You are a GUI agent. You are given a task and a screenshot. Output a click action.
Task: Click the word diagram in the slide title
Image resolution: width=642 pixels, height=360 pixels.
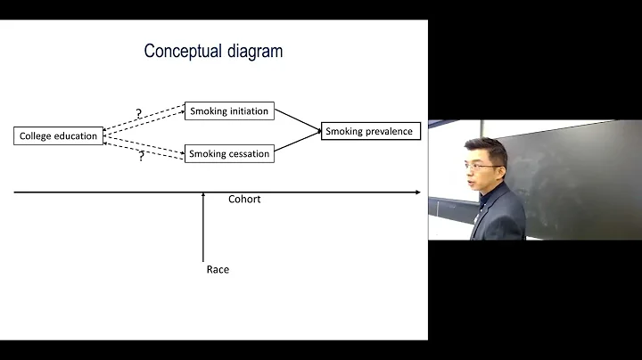pos(254,52)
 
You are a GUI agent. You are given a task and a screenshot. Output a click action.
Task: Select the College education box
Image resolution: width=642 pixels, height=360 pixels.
pos(59,136)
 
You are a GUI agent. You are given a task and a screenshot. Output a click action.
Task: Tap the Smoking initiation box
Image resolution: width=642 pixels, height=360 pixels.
pos(228,111)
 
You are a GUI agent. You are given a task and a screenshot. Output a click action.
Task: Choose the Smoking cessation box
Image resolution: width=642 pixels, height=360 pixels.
pos(228,154)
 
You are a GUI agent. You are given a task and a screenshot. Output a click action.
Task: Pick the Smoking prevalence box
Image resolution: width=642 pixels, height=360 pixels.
pos(369,132)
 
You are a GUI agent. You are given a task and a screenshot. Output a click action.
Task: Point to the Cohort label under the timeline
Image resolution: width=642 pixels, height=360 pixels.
pos(244,200)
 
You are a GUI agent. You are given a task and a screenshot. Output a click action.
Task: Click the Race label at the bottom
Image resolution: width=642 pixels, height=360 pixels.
pos(218,269)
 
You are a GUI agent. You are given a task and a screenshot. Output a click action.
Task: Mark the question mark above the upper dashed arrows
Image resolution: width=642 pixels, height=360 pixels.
pos(138,114)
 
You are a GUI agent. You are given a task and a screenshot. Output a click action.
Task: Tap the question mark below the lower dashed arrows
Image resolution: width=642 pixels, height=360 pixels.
pos(141,157)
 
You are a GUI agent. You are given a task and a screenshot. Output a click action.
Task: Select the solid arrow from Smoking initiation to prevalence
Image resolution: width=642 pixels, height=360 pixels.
pos(297,121)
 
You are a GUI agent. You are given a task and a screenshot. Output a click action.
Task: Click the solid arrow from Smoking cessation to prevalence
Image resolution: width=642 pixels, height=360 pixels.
pos(297,143)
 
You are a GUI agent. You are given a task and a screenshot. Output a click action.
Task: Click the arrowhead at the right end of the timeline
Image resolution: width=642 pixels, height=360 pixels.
pos(417,192)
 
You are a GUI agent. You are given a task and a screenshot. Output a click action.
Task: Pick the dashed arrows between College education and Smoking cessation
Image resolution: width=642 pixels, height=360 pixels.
pos(144,144)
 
